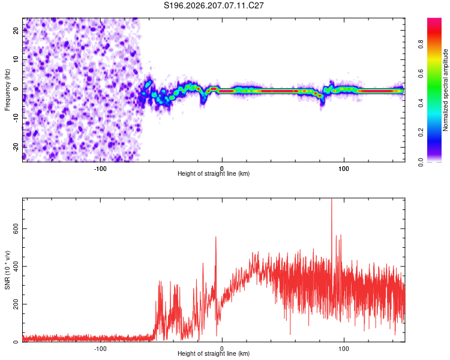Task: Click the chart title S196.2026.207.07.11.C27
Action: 214,5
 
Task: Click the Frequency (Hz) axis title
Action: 7,90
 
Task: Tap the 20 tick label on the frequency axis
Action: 16,30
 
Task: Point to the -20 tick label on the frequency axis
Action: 16,147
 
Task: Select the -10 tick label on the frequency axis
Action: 16,118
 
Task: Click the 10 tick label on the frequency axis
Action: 16,59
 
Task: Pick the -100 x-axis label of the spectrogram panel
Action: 100,169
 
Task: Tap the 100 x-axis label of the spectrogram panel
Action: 344,169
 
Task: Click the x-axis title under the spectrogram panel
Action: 214,173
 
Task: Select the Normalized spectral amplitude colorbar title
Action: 445,90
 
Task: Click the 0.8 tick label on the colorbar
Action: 421,44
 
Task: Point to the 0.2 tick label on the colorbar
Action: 421,133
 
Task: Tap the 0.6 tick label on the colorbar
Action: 421,74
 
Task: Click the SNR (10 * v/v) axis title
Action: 7,270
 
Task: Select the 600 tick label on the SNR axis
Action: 16,229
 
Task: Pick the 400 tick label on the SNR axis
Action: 16,266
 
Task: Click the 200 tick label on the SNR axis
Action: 16,304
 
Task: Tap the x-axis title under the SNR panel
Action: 214,353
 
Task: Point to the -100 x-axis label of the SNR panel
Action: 100,349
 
